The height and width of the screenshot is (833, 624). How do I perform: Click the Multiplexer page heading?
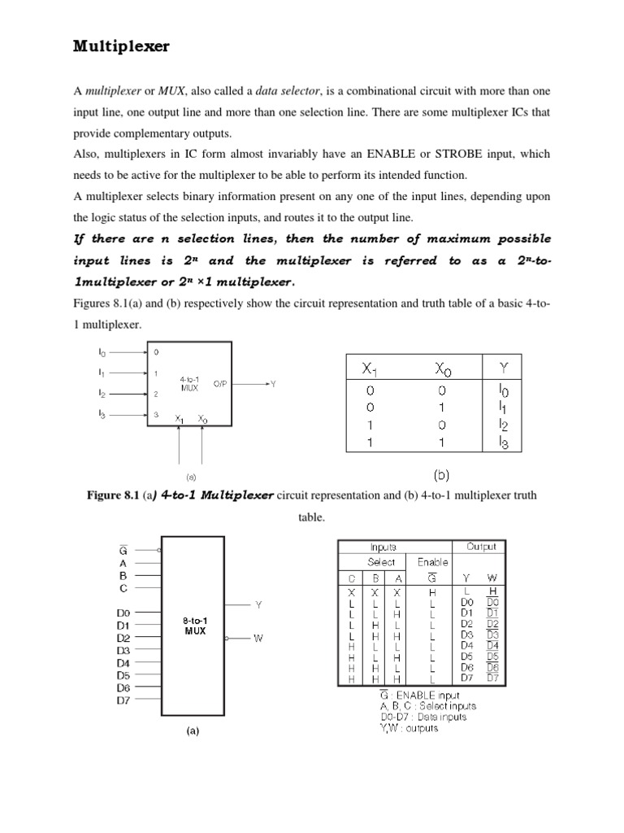[x=121, y=46]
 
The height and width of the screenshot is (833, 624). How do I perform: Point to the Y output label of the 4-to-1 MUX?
[x=274, y=383]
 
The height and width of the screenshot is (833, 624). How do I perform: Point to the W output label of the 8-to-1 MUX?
[x=258, y=639]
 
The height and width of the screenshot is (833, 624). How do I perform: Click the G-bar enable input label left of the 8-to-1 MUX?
[x=123, y=550]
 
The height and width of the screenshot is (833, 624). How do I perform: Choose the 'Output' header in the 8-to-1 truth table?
[x=486, y=547]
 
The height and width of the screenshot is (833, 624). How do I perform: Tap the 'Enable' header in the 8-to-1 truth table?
[x=432, y=562]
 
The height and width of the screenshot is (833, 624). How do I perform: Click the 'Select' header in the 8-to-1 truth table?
[x=381, y=562]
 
